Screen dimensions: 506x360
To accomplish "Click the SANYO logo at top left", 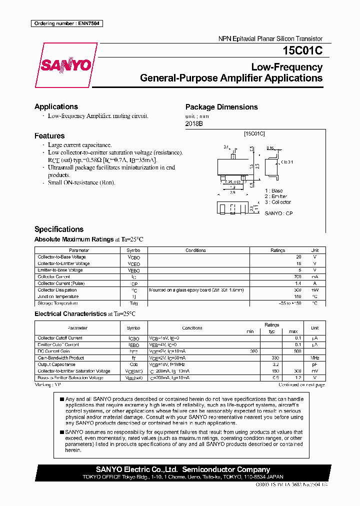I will (66, 65).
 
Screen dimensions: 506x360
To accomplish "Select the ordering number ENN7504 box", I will (66, 23).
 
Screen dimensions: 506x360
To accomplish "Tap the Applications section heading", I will (56, 106).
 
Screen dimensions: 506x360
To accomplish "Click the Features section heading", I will (49, 135).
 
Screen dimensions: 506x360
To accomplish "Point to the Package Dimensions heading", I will (221, 107).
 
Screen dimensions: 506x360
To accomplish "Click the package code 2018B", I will (194, 123).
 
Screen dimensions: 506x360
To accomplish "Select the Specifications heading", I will (59, 229).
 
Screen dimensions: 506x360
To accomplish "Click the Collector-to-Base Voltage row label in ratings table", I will (61, 257).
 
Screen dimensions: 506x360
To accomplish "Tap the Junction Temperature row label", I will (58, 296).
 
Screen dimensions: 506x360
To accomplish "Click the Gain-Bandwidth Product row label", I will (61, 358).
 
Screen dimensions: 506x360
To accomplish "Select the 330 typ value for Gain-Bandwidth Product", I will (274, 358).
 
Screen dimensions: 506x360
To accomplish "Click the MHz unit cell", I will (314, 358).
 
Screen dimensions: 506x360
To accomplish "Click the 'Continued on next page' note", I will (301, 385).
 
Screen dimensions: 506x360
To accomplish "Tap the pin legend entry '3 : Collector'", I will (278, 202).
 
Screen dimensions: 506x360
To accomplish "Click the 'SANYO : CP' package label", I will (278, 213).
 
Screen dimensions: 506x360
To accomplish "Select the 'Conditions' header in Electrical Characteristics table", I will (192, 328).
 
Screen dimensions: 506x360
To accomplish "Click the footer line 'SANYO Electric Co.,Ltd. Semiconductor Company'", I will (183, 469).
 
